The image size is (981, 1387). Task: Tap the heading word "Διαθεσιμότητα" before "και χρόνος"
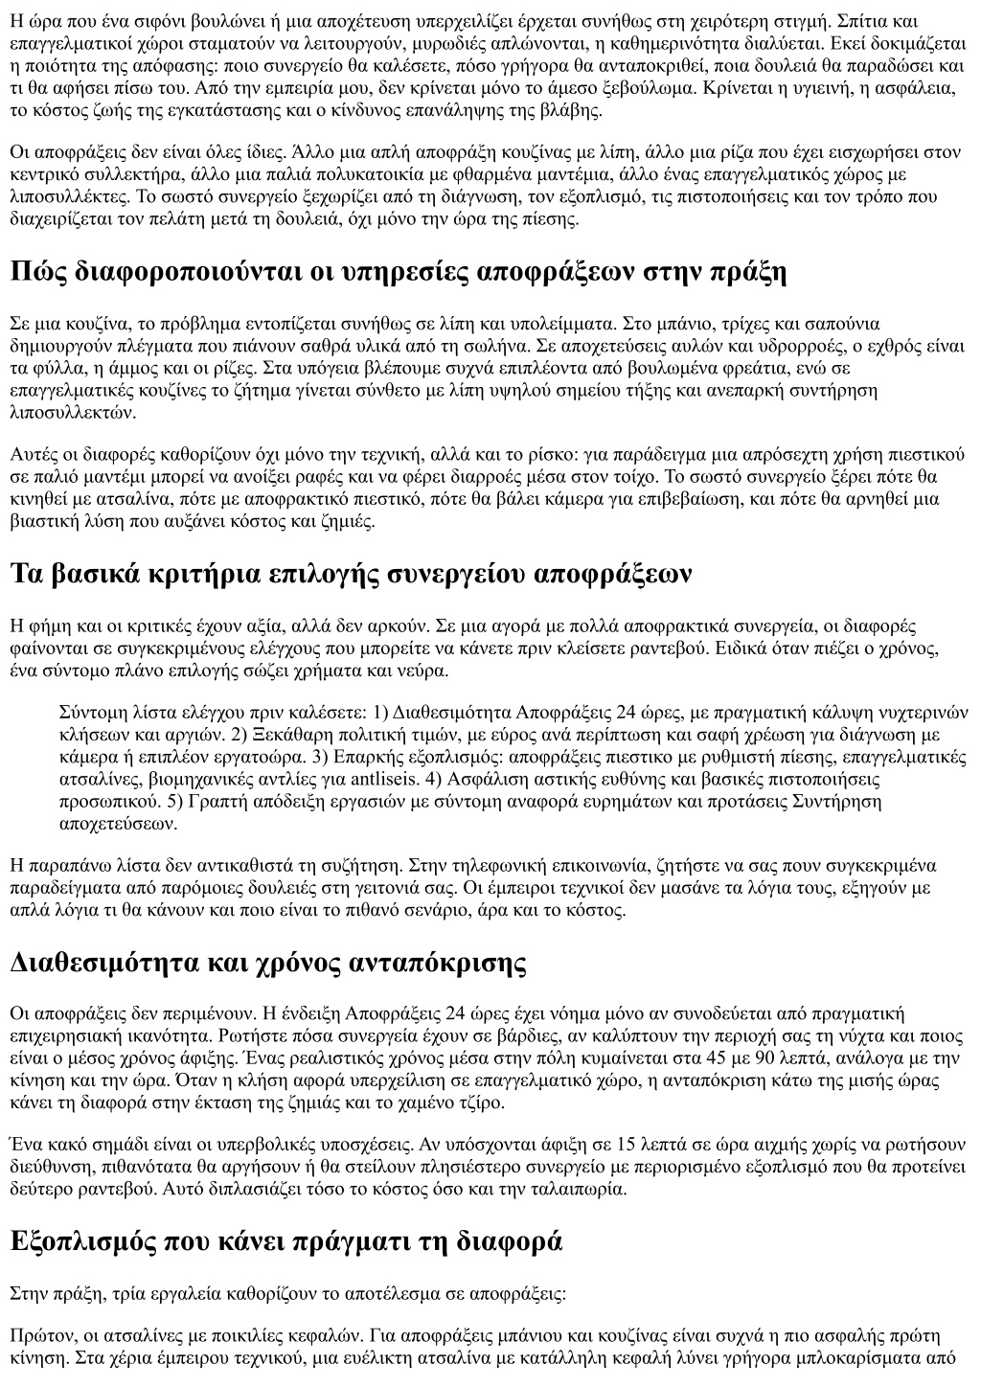(x=103, y=963)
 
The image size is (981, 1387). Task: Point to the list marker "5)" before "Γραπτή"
(x=173, y=801)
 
